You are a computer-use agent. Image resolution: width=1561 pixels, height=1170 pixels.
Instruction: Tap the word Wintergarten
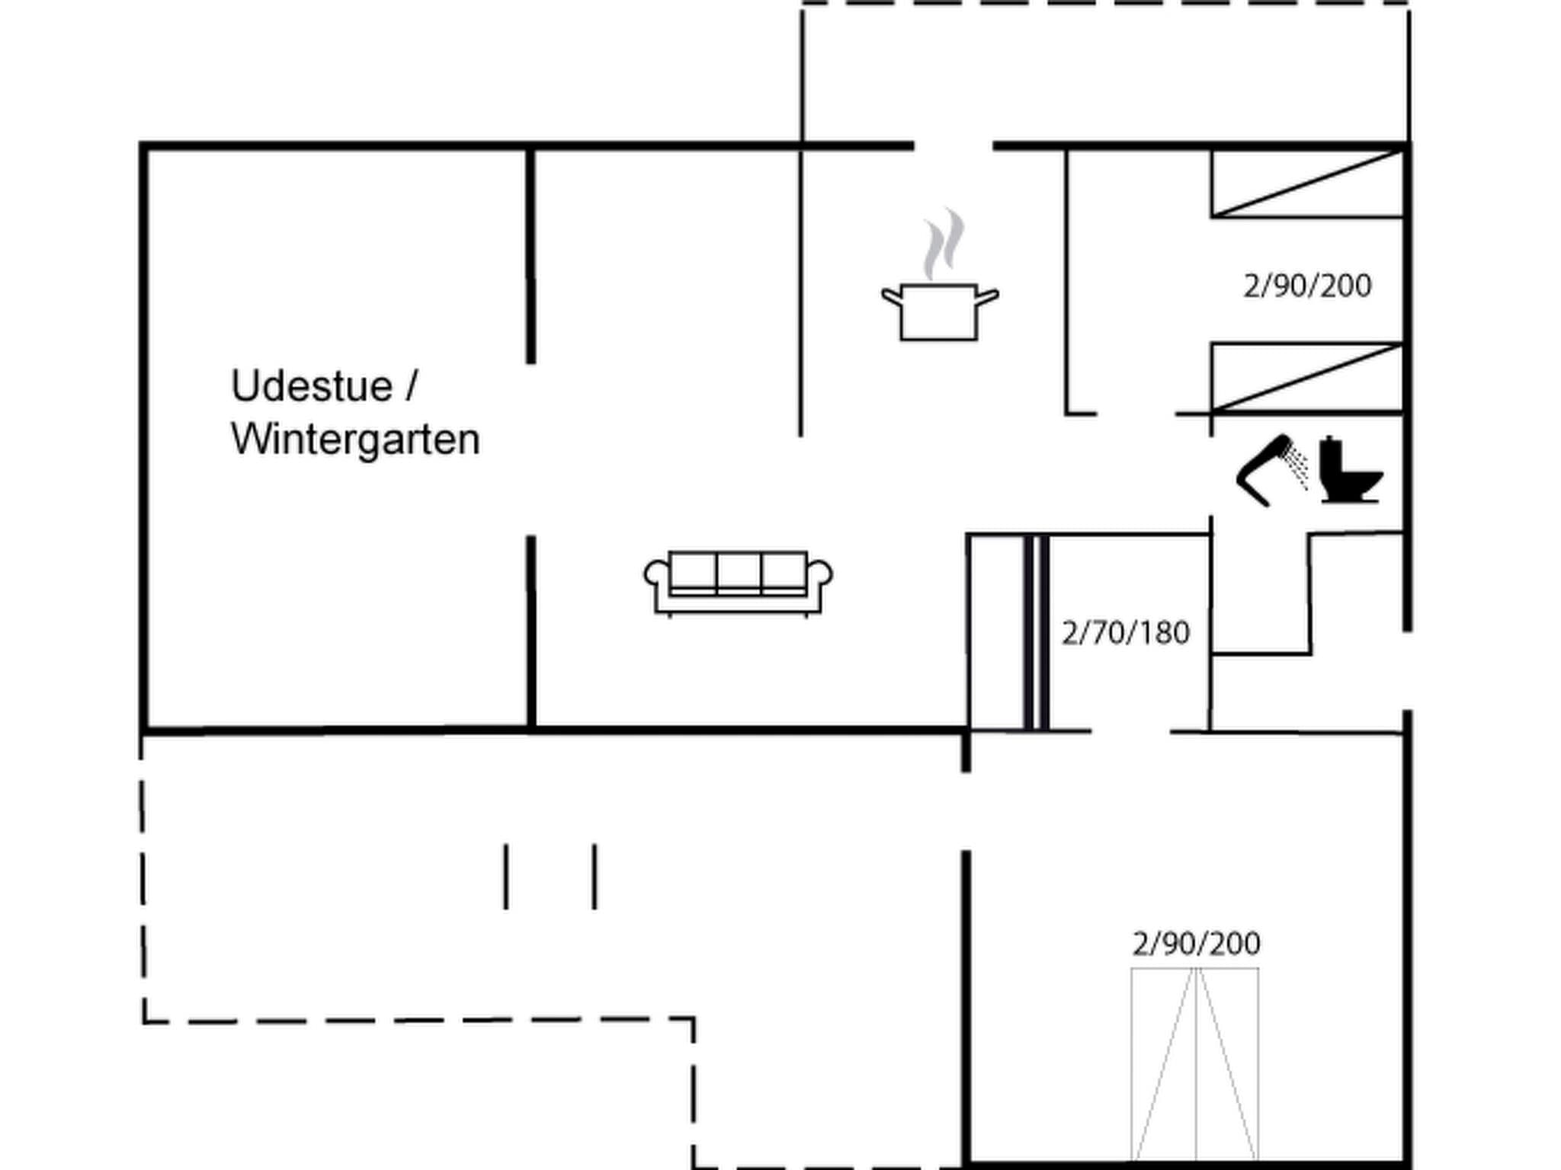(x=355, y=440)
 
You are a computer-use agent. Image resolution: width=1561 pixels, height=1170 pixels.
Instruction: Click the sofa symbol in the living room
(x=738, y=583)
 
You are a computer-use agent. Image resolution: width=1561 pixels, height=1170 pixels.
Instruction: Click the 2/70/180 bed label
(x=1125, y=633)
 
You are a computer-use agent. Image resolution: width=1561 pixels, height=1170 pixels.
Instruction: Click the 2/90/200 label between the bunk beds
(x=1307, y=286)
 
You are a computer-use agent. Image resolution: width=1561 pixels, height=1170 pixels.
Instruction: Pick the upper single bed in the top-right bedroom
(x=1307, y=184)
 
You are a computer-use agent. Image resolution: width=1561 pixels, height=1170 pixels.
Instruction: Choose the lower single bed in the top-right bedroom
(x=1307, y=378)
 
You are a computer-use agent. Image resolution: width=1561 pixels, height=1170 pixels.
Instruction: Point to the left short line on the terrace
(x=505, y=876)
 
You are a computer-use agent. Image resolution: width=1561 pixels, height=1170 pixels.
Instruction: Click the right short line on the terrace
(x=595, y=876)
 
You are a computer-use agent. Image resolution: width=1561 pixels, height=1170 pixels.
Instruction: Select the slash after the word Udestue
(x=412, y=386)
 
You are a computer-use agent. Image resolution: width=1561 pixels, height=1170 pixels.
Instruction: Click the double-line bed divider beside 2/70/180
(x=1036, y=632)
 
